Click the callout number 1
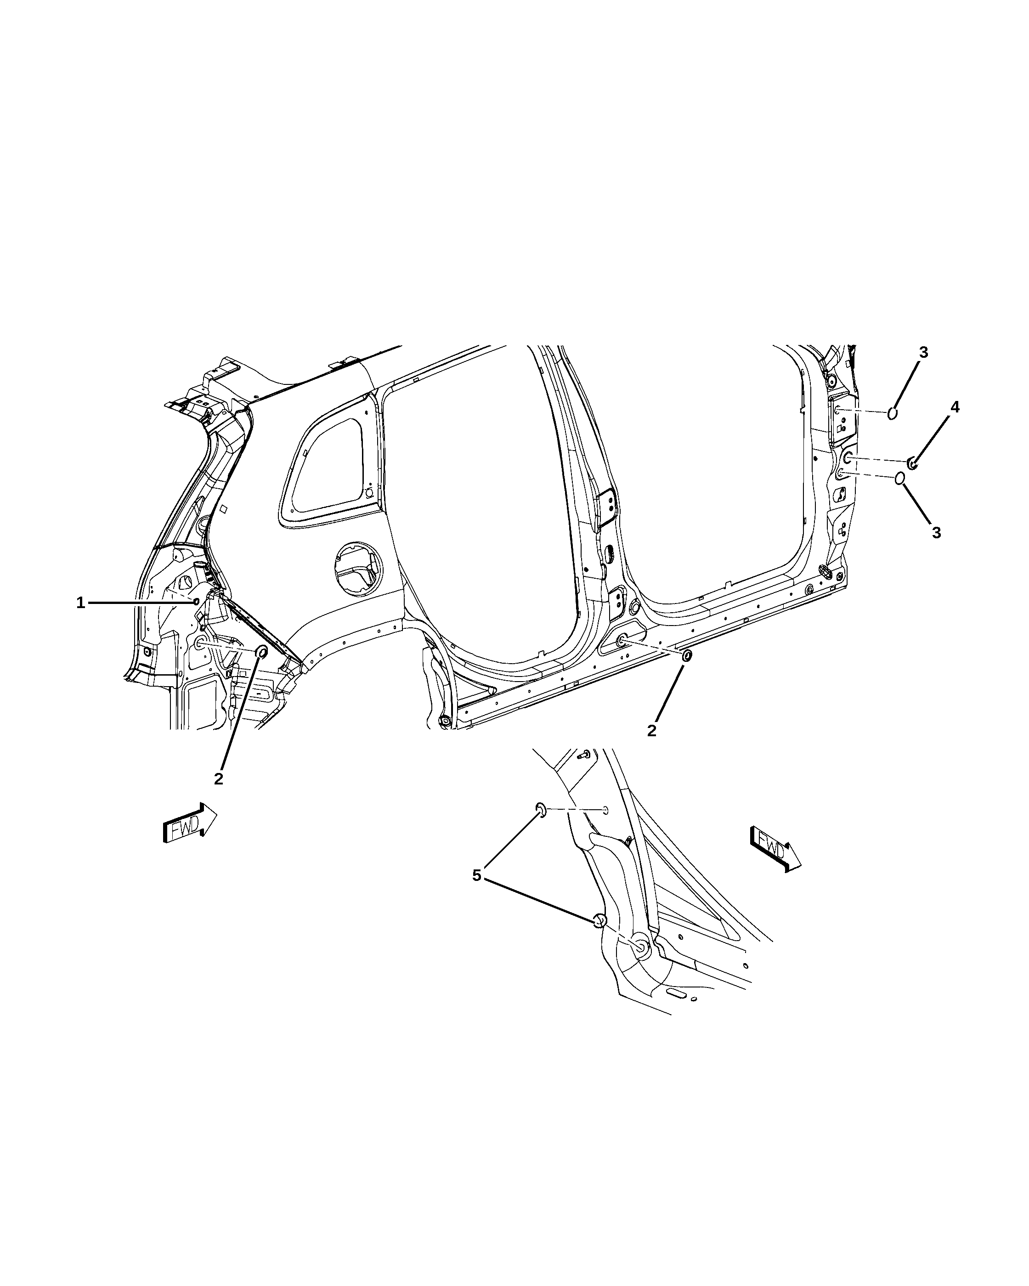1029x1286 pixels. pos(80,603)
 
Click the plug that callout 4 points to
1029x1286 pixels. pos(912,462)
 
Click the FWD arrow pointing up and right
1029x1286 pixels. pos(190,823)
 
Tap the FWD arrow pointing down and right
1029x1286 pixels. pos(775,849)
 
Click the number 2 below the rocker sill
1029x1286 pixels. pos(651,731)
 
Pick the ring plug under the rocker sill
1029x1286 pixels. pos(687,655)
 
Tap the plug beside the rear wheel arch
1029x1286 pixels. pos(260,651)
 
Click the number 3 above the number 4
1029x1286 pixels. pos(923,353)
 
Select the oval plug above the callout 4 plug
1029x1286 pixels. pos(893,413)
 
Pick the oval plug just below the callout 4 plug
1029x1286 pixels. pos(900,479)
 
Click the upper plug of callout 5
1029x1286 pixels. pos(540,809)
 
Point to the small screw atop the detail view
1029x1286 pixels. pos(584,755)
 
